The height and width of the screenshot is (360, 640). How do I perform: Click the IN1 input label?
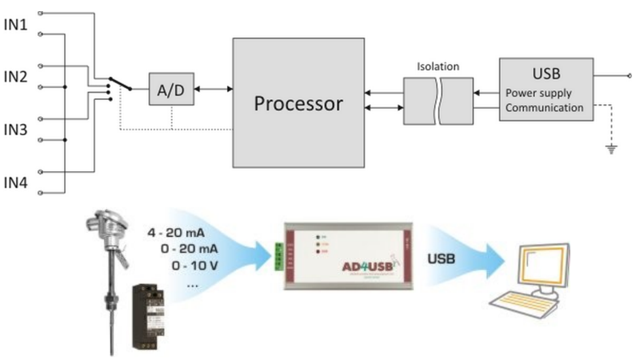(x=17, y=25)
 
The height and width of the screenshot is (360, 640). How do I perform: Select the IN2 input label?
(x=17, y=77)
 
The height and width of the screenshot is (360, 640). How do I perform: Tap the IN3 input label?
(x=17, y=130)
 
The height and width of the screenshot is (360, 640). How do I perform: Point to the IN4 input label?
(x=17, y=182)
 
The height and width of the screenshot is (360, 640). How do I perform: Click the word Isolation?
(x=438, y=66)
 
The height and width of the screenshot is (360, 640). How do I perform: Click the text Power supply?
(x=538, y=92)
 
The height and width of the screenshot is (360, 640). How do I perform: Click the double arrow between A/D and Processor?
(x=210, y=90)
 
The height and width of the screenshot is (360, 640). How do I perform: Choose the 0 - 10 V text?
(x=194, y=266)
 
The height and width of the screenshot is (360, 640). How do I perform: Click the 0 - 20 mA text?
(x=187, y=250)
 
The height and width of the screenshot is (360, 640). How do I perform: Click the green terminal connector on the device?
(x=279, y=258)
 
